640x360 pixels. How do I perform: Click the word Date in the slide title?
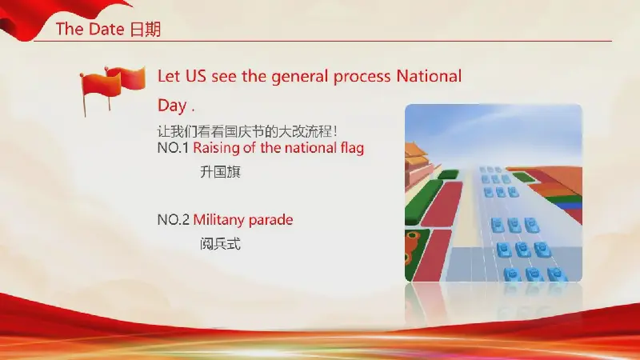(106, 29)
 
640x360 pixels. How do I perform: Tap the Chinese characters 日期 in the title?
(146, 30)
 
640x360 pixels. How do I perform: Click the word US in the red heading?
(196, 76)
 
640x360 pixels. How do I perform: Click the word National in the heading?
(429, 76)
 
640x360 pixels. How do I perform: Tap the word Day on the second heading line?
(172, 106)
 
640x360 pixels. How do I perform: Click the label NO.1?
(173, 148)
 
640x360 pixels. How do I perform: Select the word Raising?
(216, 148)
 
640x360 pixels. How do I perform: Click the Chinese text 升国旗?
(221, 172)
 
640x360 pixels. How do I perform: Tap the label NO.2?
(173, 220)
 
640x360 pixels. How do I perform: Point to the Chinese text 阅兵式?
(221, 244)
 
